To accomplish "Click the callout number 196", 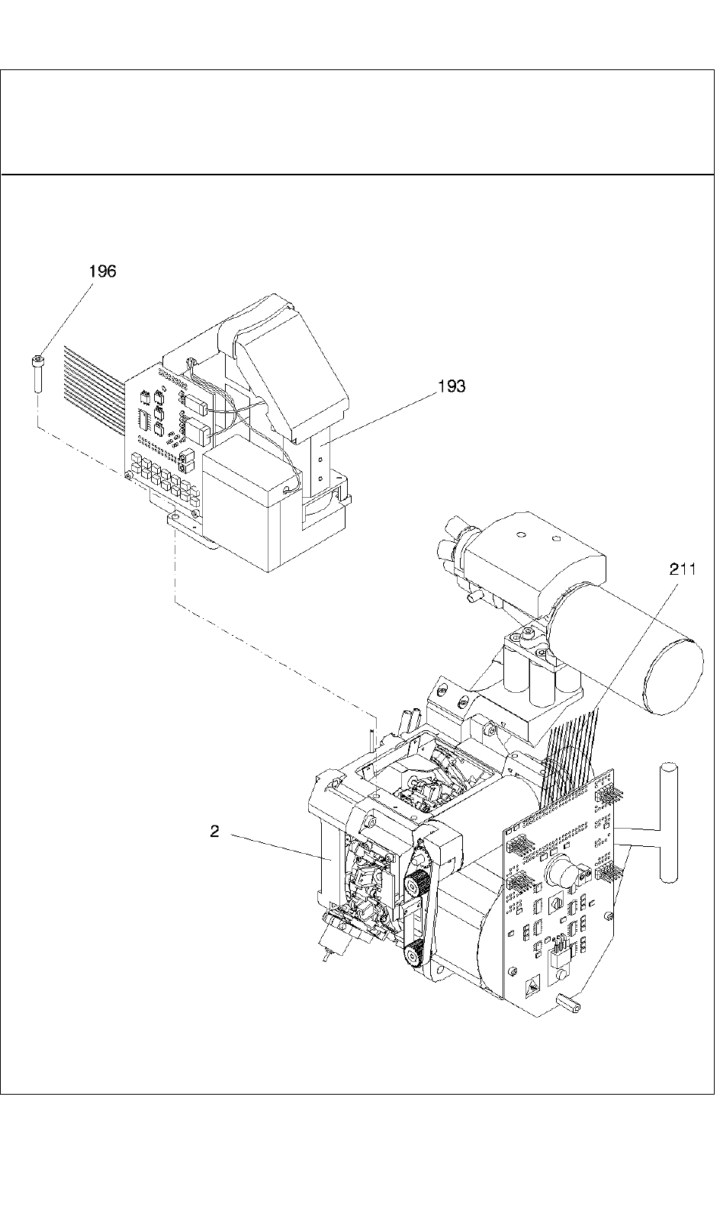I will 103,271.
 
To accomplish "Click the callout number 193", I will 451,386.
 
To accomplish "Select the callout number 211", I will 683,569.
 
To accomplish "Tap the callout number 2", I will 215,832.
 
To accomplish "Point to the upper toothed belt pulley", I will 413,887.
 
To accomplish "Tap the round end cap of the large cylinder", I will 675,676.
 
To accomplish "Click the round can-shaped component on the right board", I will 564,871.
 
